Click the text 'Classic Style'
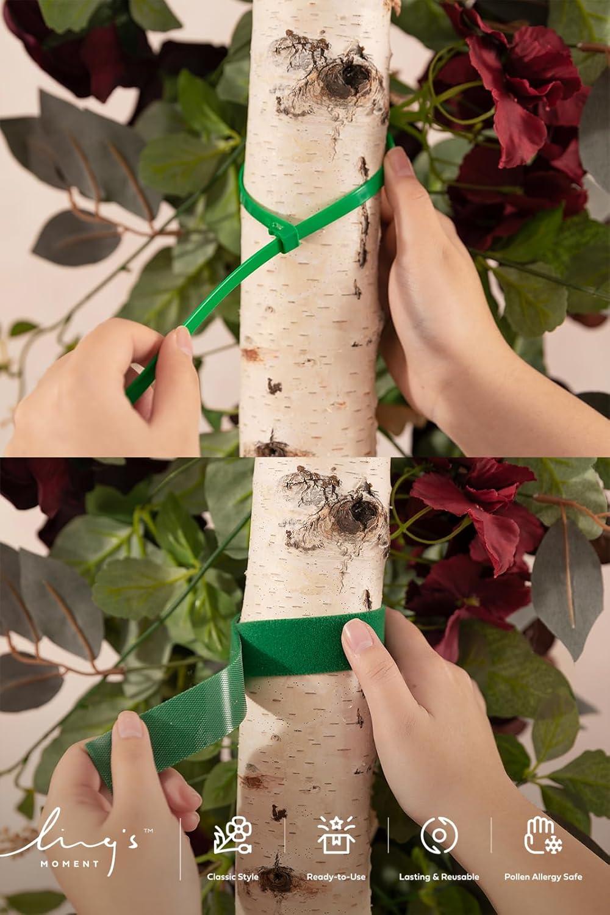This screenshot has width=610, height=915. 232,877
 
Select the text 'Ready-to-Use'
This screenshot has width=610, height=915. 336,877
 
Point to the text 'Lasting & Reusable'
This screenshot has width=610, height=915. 439,877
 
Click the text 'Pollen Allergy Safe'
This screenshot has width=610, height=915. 543,877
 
